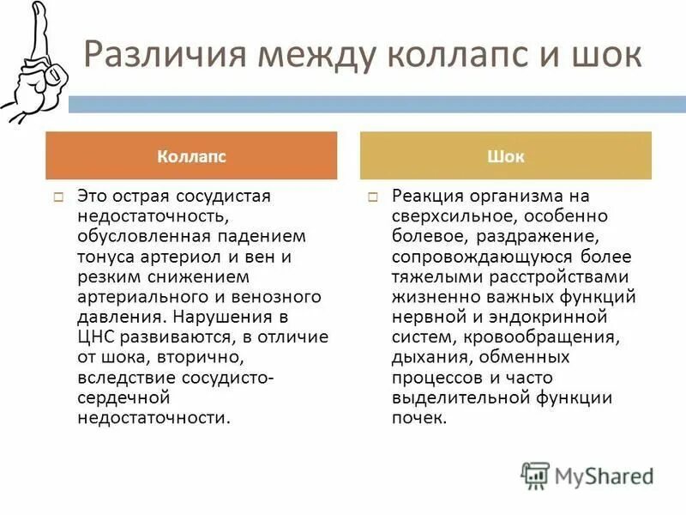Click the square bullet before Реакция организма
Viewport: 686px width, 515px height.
coord(373,197)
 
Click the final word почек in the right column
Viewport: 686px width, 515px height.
coord(417,418)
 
